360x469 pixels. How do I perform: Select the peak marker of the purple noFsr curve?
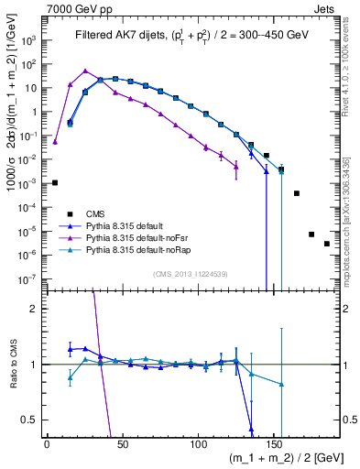tap(85, 71)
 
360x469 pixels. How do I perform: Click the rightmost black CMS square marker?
tap(327, 269)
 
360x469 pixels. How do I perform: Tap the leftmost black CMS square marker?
tap(55, 182)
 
